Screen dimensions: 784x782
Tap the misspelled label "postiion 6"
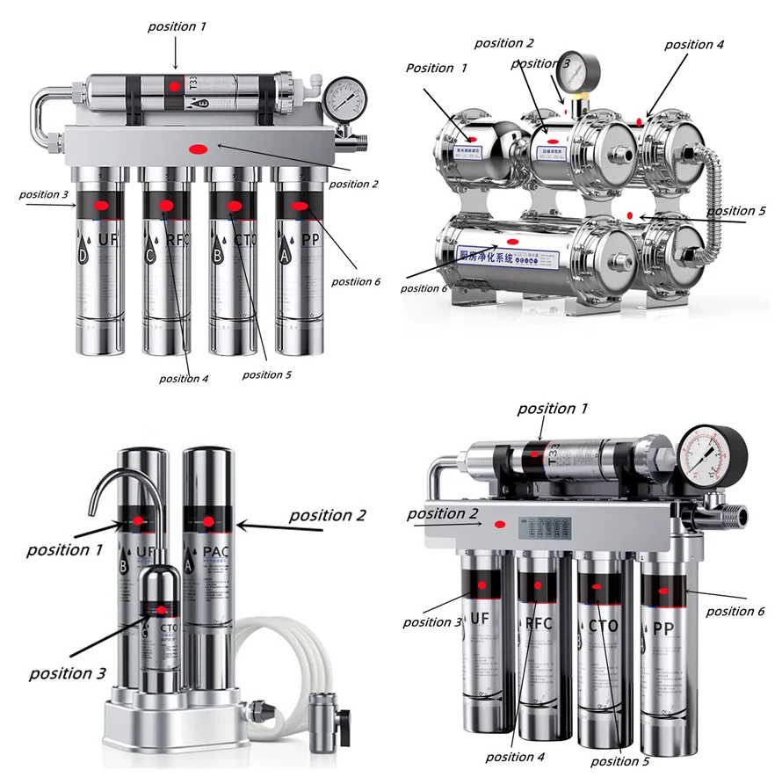click(x=356, y=281)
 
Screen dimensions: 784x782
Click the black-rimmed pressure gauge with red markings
click(x=713, y=456)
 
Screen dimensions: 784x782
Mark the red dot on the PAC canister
click(x=209, y=522)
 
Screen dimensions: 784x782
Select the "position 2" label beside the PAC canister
click(x=327, y=515)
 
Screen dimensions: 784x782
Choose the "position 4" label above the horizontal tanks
click(x=694, y=44)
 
